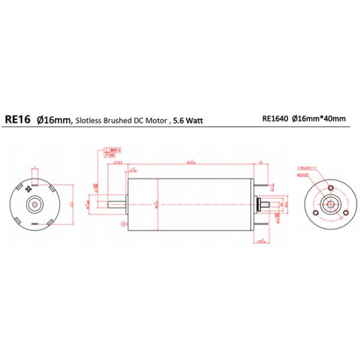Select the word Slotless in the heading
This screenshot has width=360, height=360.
tap(89, 120)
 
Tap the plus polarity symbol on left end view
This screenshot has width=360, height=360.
tap(28, 190)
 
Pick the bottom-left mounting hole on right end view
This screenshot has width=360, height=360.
tap(316, 213)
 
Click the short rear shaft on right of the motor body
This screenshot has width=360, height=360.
tap(263, 205)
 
